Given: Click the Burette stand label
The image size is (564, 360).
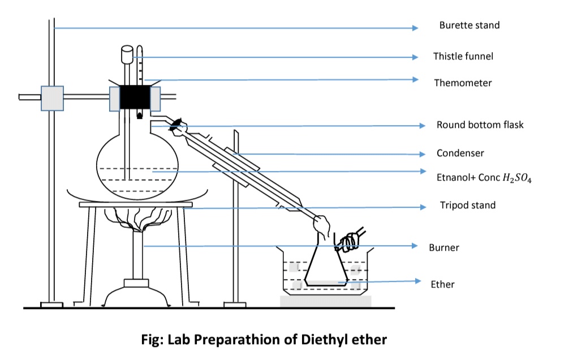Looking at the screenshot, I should coord(469,25).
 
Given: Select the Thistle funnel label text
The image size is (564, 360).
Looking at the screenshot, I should coord(463,56).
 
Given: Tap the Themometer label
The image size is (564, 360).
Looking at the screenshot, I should coord(462,83).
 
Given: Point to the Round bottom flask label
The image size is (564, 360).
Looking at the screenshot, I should coord(479,125).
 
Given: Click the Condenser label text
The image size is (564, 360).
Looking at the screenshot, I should coord(460,153).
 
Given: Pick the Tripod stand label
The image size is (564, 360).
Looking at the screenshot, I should coord(467,205).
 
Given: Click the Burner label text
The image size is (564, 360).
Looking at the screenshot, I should coord(444,247).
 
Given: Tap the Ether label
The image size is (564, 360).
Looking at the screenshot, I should coord(442,284).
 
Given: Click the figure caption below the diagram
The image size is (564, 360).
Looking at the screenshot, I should coord(264,340).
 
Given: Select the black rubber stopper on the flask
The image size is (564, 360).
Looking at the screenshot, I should coord(135,97).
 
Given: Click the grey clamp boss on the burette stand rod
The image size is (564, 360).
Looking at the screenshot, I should coord(51,97).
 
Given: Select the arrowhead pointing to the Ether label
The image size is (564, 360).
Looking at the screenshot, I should coord(418,281).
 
